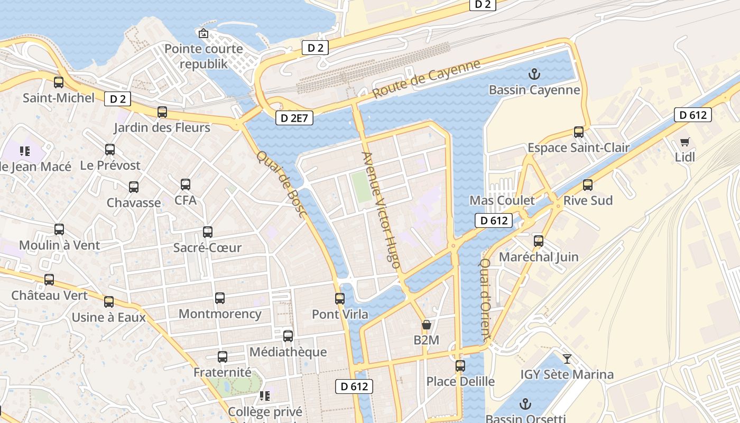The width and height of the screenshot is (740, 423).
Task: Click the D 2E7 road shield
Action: (294, 118)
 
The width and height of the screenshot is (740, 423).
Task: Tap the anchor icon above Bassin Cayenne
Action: (534, 74)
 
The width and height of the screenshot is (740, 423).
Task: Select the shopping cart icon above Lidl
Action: (685, 142)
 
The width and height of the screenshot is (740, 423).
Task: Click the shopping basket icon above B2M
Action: (426, 325)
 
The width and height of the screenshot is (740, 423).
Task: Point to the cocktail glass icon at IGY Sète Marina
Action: (567, 359)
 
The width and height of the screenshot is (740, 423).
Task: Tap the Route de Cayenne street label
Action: (427, 79)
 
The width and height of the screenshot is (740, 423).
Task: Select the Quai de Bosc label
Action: (282, 184)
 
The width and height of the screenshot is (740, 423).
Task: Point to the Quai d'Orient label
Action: (486, 298)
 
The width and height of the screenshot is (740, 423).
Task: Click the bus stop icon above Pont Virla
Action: (340, 299)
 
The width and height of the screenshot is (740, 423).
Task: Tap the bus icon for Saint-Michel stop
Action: (59, 82)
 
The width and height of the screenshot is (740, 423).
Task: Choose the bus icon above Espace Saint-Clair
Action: (579, 132)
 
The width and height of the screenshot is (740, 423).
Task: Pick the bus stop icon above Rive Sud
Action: (588, 185)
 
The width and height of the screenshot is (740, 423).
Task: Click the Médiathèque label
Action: (288, 352)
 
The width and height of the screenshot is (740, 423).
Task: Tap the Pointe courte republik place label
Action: (204, 56)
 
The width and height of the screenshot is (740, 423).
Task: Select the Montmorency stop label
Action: (220, 314)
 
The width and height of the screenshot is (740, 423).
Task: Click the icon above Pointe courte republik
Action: (203, 34)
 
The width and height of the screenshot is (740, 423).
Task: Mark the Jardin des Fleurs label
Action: (162, 127)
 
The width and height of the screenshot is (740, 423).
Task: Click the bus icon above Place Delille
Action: (460, 366)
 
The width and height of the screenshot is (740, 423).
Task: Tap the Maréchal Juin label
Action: (539, 257)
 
